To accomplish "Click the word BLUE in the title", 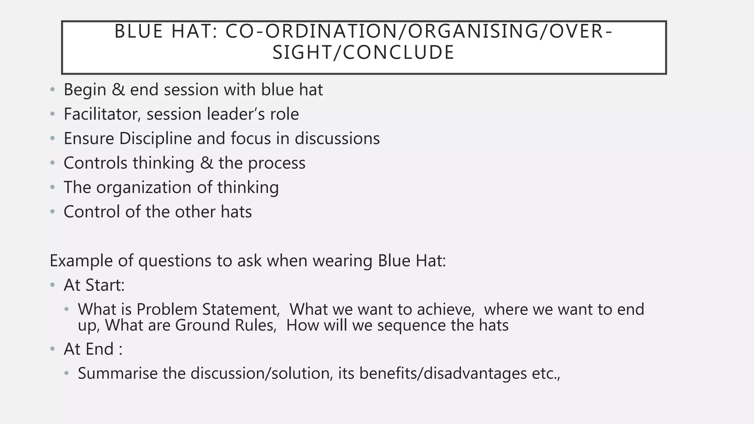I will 138,31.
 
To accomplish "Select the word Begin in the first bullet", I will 85,90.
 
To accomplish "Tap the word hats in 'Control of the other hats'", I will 236,212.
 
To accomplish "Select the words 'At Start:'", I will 94,285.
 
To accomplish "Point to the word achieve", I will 445,310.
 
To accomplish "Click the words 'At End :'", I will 93,349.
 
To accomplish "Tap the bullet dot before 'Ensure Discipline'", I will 53,139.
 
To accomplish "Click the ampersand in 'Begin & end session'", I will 118,90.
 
